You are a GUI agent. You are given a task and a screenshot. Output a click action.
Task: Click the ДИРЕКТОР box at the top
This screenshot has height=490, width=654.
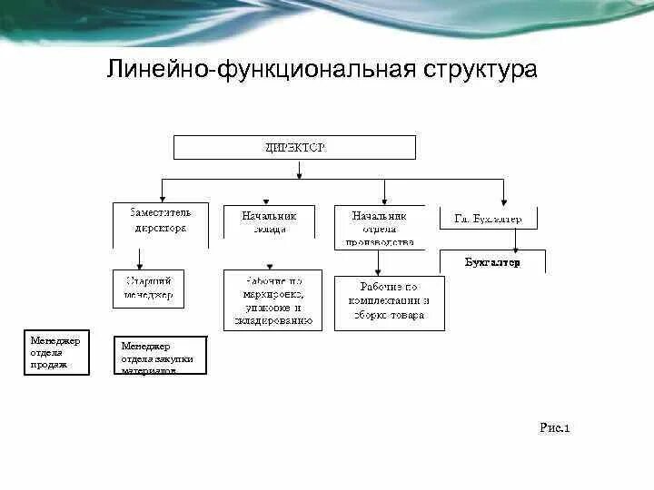pyautogui.click(x=294, y=147)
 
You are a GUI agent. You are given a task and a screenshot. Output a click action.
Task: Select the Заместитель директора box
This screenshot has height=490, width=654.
pyautogui.click(x=160, y=222)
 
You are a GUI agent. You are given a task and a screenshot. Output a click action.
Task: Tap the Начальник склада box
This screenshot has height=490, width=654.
pyautogui.click(x=269, y=222)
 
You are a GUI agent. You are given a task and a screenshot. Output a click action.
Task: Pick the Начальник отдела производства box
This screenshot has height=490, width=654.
pyautogui.click(x=380, y=227)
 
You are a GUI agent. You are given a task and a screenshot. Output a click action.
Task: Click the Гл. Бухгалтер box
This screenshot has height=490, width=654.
pyautogui.click(x=488, y=219)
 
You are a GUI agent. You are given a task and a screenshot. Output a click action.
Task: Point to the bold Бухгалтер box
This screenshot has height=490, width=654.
pyautogui.click(x=493, y=262)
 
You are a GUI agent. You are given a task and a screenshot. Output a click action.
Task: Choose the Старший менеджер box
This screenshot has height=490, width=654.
pyautogui.click(x=148, y=288)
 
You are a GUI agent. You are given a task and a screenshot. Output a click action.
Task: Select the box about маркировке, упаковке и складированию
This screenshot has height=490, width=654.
pyautogui.click(x=272, y=300)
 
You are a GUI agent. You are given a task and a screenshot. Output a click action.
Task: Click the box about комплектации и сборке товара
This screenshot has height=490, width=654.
pyautogui.click(x=390, y=302)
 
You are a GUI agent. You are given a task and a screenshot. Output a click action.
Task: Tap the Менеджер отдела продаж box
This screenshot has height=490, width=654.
pyautogui.click(x=56, y=353)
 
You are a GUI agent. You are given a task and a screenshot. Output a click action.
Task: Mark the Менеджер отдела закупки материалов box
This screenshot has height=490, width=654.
pyautogui.click(x=159, y=356)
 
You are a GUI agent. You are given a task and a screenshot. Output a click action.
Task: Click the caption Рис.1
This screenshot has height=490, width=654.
pyautogui.click(x=553, y=426)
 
